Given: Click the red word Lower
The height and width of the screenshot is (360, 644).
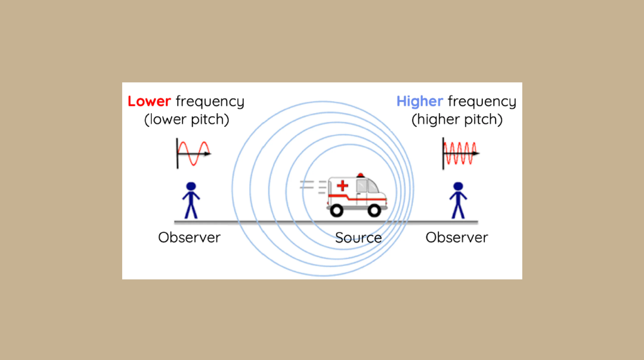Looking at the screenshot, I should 149,101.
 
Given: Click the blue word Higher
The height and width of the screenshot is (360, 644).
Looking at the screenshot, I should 420,101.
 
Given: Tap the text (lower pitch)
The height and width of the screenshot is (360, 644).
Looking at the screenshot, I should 187,119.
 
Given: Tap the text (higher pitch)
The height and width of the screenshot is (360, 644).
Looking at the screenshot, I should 457,119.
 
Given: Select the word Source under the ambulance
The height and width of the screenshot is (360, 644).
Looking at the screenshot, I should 358,238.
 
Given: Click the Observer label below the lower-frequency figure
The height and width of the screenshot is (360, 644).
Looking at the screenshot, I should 189,237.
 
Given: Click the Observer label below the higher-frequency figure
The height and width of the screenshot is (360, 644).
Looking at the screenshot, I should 457,237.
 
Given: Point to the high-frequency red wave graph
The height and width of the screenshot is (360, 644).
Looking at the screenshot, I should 460,153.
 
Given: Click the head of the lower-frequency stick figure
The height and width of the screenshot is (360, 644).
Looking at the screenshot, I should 191,187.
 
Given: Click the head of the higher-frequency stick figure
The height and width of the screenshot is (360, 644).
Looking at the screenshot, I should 458,187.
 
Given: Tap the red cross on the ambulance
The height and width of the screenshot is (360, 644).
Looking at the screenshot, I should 342,186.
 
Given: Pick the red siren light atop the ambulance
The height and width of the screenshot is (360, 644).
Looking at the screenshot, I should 360,175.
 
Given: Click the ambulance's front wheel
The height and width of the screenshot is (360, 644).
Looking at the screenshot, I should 374,210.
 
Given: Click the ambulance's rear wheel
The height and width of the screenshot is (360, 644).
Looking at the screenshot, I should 336,210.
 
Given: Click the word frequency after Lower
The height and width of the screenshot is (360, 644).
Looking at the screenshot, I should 210,102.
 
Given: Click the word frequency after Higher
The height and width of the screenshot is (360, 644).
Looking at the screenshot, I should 482,102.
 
